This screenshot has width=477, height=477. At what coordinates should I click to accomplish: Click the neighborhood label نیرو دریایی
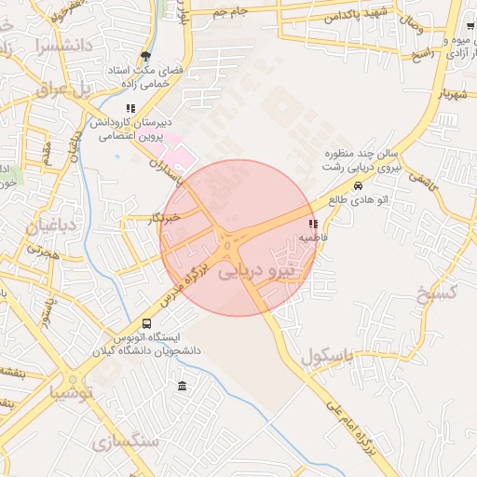(260, 273)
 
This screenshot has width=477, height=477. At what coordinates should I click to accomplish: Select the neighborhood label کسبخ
(435, 294)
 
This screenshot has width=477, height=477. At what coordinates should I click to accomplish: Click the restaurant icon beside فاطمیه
(312, 225)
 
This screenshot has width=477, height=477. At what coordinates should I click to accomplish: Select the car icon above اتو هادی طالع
(359, 184)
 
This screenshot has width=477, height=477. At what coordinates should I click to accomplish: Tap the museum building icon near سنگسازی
(181, 387)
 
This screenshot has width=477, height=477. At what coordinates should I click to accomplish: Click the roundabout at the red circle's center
(228, 245)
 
